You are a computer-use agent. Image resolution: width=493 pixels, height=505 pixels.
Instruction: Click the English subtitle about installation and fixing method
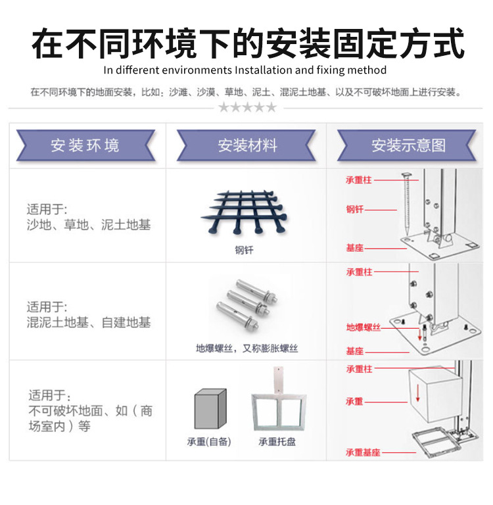pyautogui.click(x=245, y=70)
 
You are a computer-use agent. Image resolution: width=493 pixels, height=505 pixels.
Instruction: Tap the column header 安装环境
pyautogui.click(x=85, y=145)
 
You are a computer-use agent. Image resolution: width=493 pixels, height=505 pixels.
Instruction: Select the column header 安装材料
pyautogui.click(x=247, y=145)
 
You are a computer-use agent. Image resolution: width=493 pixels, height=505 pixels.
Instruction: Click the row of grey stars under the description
pyautogui.click(x=247, y=107)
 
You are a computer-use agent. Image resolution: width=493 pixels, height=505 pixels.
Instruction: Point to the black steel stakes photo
pyautogui.click(x=244, y=212)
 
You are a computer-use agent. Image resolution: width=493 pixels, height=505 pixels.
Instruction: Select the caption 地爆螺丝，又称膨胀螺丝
pyautogui.click(x=246, y=348)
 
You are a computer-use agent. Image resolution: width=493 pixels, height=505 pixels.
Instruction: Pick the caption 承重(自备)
pyautogui.click(x=209, y=442)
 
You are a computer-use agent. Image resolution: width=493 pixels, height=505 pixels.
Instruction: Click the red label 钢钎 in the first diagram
pyautogui.click(x=355, y=210)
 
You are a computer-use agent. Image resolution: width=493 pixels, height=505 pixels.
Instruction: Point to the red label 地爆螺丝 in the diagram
pyautogui.click(x=364, y=327)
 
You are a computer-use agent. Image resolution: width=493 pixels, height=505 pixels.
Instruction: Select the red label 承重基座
pyautogui.click(x=363, y=452)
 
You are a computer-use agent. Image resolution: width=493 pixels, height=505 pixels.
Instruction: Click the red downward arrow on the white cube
pyautogui.click(x=417, y=393)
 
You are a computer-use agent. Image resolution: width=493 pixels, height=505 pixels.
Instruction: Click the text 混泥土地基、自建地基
pyautogui.click(x=89, y=322)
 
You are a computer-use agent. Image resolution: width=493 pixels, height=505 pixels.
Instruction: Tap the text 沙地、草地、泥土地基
pyautogui.click(x=89, y=225)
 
